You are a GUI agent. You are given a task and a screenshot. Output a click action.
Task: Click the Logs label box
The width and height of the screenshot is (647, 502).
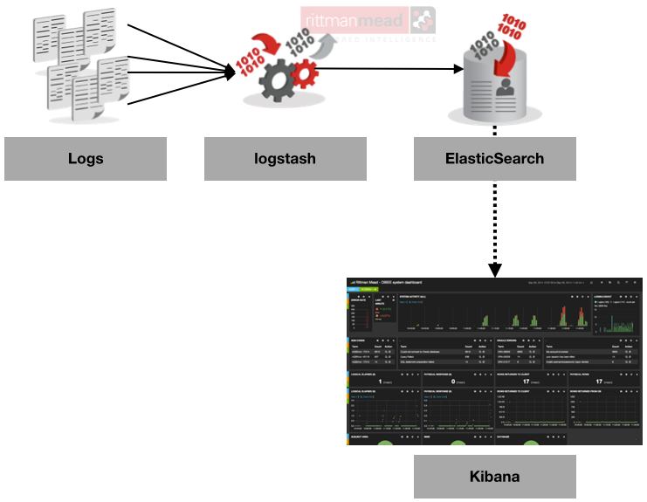click(x=86, y=158)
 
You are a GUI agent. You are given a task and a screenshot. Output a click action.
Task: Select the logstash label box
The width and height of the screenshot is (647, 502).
click(x=286, y=158)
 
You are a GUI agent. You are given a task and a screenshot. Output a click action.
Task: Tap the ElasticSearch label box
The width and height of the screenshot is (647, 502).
click(x=494, y=158)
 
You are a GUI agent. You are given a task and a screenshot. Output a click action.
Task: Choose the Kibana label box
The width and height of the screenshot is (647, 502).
click(x=494, y=477)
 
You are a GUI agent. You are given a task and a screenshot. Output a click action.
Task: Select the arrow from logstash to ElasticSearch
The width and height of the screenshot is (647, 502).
click(x=393, y=68)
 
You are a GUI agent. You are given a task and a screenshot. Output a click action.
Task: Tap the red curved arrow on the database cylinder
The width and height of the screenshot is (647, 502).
click(x=506, y=61)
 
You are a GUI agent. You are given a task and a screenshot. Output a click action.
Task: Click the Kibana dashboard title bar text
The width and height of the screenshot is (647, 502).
click(x=389, y=283)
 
